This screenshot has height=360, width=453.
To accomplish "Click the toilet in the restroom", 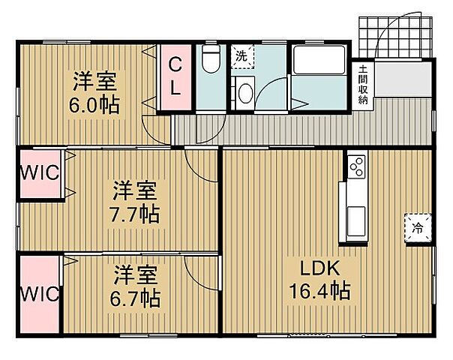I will [x=211, y=59].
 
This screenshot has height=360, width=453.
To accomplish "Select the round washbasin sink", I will [x=244, y=94].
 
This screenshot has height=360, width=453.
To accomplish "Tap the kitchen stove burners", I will [x=355, y=165].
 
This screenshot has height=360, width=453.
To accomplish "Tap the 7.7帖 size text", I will [x=136, y=214].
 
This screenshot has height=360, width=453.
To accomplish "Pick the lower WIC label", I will [x=40, y=293].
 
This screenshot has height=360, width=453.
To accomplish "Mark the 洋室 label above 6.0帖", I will [x=94, y=79].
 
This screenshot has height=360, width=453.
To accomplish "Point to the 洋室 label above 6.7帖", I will [x=136, y=274].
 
